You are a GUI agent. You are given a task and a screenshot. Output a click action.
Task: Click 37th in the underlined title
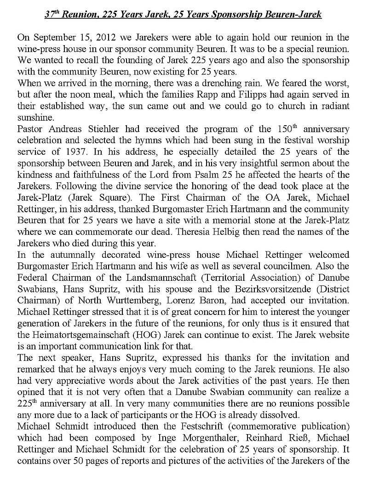coord(52,15)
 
